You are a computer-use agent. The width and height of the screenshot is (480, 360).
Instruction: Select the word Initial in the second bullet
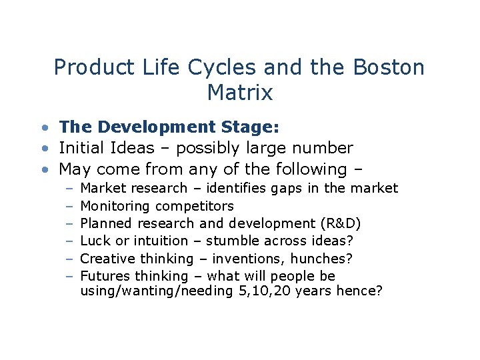click(x=81, y=148)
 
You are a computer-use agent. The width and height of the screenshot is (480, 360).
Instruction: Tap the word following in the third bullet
click(x=305, y=169)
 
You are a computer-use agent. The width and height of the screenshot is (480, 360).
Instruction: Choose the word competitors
click(x=194, y=206)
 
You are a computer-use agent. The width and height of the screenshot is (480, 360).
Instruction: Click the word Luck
click(x=93, y=241)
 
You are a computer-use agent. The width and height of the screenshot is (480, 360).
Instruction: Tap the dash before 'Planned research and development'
click(x=69, y=223)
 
